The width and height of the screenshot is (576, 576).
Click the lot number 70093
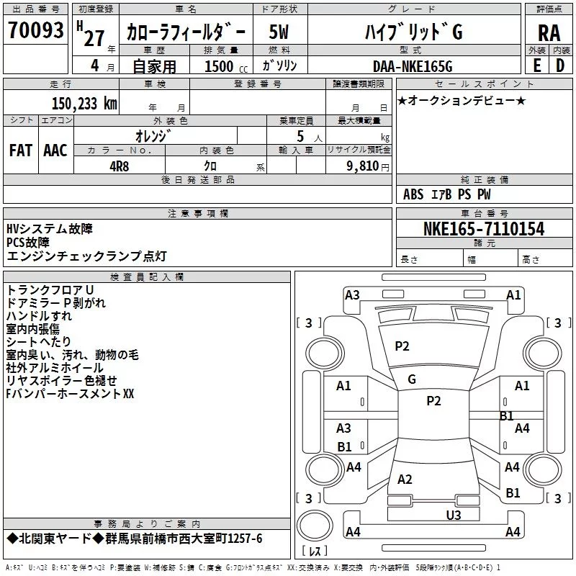point(35,30)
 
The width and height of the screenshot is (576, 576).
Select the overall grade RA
point(549,33)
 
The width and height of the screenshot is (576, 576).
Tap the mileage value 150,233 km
point(84,104)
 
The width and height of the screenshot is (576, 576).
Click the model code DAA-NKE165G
point(413,66)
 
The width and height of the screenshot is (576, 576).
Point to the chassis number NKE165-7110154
point(484,229)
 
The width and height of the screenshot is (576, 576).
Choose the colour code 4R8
point(120,166)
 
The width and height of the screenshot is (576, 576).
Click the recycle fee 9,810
point(363,166)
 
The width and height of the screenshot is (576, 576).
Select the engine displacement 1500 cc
point(225,66)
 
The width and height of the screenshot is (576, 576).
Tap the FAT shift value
point(21,150)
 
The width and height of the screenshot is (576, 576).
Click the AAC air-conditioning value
point(55,150)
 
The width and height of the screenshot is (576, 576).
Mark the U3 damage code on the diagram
point(454,515)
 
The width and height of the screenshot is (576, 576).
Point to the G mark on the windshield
point(412,379)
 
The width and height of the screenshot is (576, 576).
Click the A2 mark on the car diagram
point(405,479)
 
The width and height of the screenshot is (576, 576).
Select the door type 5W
point(279,32)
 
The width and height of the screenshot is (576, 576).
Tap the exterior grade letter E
point(537,66)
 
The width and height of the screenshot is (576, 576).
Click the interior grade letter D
point(560,66)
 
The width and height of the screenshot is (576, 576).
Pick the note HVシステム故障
point(50,229)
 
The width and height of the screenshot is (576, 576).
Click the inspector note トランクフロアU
point(50,290)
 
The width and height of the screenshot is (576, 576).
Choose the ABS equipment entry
point(413,194)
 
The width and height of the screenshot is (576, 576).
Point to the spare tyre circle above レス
point(315,526)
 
